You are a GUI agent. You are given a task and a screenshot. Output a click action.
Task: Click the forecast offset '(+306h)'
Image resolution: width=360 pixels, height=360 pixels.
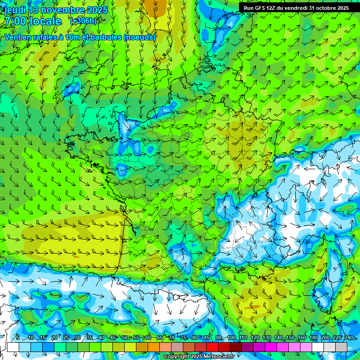[x=83, y=21]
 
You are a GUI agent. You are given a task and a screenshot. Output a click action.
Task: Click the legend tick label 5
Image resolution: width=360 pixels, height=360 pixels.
[x=17, y=338]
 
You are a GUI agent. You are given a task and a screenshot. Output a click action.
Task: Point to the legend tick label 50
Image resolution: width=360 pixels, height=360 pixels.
[x=124, y=338]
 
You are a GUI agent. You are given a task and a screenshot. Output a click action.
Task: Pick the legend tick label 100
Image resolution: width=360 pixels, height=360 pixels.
[x=232, y=338]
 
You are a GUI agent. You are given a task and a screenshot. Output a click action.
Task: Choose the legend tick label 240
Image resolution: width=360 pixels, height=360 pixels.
[x=348, y=338]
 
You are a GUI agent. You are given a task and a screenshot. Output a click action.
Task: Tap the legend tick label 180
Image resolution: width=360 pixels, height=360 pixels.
[x=313, y=338]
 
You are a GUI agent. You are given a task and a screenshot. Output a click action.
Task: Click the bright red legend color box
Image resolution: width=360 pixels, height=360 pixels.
[x=212, y=347]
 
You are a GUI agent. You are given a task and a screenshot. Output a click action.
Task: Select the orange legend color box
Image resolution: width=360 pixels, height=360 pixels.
[x=154, y=347]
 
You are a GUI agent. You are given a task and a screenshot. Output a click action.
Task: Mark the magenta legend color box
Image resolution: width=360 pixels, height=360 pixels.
[x=271, y=347]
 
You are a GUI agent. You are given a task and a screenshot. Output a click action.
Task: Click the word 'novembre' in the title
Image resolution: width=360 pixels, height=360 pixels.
[x=62, y=10]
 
